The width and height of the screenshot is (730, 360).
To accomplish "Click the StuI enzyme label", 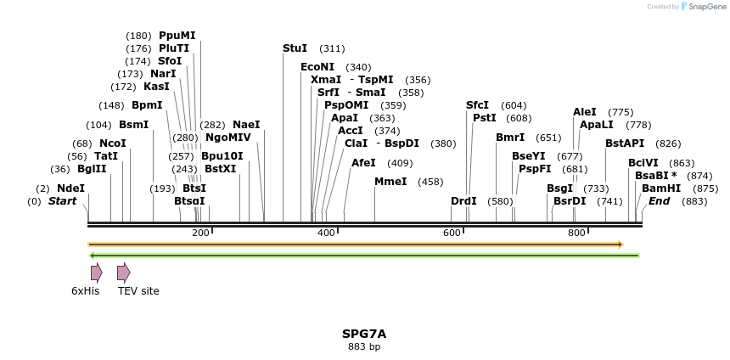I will (x=295, y=48).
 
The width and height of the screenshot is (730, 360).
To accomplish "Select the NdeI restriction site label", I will (x=70, y=188).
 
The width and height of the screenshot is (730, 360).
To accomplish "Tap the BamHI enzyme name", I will (x=661, y=188).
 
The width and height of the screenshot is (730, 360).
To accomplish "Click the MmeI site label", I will (x=390, y=181).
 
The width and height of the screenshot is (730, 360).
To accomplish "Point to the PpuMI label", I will (x=177, y=36).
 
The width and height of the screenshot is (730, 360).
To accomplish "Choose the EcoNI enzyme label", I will (x=317, y=66).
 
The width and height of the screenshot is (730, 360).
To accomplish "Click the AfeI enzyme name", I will (x=363, y=162).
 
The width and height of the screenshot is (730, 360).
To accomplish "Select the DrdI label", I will (x=463, y=201).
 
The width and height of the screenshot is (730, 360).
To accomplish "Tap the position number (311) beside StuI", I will (x=332, y=48).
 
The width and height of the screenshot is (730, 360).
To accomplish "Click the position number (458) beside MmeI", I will (x=430, y=181).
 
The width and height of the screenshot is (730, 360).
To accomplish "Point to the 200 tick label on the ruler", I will (x=200, y=233).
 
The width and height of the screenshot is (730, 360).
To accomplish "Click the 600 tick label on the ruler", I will (x=452, y=233).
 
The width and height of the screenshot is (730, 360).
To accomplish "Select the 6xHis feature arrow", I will (x=96, y=273).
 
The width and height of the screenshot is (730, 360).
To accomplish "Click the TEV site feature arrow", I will (x=123, y=273).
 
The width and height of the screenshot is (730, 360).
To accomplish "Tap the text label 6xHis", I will (x=85, y=291).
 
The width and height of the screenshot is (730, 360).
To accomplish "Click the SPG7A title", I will (x=364, y=334).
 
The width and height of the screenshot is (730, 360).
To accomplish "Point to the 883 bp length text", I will (x=364, y=346).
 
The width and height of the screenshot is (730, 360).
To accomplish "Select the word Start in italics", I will (x=62, y=201).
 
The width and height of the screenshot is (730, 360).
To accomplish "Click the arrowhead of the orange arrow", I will (x=620, y=245).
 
